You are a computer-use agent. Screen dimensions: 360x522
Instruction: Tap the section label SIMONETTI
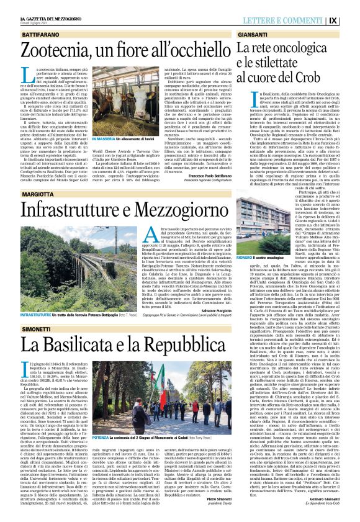(x=22, y=328)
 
